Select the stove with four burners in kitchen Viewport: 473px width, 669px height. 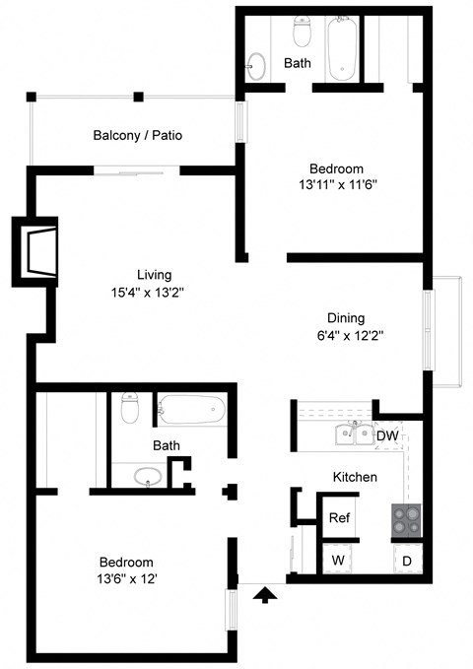(x=405, y=519)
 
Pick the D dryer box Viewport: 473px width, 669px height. (x=406, y=560)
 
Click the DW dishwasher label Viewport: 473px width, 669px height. (x=387, y=435)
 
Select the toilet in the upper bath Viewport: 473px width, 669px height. (x=304, y=34)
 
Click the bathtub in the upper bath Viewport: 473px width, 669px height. (x=343, y=47)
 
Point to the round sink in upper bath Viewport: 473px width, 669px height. (x=256, y=66)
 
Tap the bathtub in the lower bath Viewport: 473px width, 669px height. (x=192, y=409)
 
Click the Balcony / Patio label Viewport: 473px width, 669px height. (x=138, y=135)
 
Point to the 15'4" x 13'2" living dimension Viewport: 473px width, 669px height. (x=154, y=292)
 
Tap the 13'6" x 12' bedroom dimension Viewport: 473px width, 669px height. (x=125, y=578)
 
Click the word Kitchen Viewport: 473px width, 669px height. (x=355, y=477)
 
